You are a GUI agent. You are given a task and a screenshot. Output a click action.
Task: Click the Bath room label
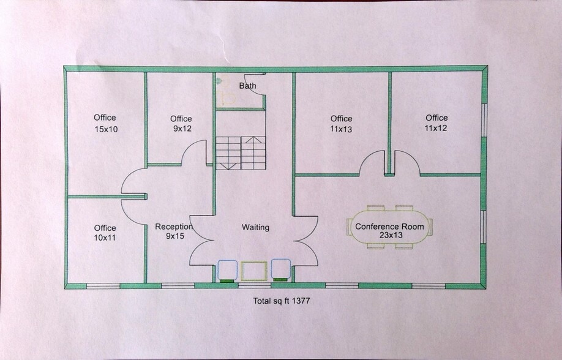tap(247, 86)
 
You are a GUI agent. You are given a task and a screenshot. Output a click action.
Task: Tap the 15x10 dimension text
tap(105, 129)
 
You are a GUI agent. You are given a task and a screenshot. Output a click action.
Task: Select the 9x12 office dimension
tap(181, 129)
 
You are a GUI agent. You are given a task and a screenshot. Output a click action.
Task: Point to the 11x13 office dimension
tap(341, 129)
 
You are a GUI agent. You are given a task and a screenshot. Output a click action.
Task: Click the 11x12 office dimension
tap(436, 129)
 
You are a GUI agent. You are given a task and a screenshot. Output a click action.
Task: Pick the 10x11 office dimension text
tap(105, 238)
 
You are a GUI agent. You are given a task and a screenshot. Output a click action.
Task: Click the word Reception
tap(174, 227)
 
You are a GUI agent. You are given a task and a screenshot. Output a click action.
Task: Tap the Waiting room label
tap(255, 227)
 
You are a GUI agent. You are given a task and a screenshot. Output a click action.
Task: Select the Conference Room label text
tap(389, 227)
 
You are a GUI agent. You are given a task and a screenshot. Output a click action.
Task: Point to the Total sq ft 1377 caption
tap(283, 301)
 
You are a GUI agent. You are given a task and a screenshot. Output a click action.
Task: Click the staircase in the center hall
tap(240, 152)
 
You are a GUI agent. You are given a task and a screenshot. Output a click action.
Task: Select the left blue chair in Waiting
tap(228, 269)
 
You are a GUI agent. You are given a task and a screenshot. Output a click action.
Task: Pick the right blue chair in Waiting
tap(281, 269)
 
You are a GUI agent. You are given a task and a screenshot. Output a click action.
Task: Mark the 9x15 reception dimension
tap(174, 236)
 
